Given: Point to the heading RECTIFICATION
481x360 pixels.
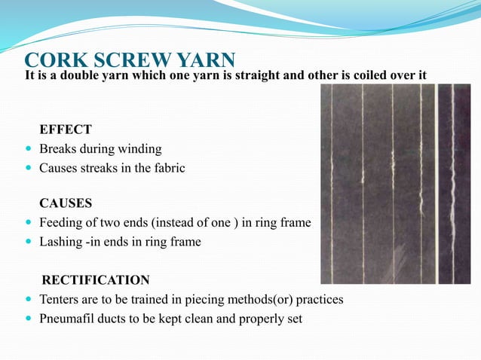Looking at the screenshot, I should tap(96, 280).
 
